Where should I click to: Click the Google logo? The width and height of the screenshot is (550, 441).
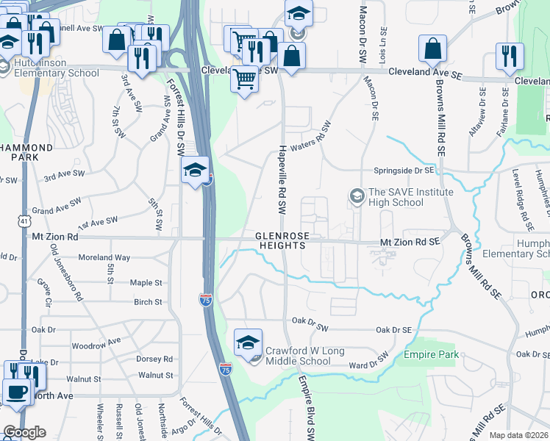tap(24, 432)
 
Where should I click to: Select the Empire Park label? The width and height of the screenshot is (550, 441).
tap(431, 356)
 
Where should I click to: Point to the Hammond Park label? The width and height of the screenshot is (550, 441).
tap(26, 153)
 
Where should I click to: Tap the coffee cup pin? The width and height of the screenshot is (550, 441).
tap(17, 393)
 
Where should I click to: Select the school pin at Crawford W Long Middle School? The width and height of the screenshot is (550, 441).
tap(249, 343)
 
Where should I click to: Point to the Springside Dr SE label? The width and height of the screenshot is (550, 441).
tap(405, 169)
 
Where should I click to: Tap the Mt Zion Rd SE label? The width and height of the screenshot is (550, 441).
tap(410, 241)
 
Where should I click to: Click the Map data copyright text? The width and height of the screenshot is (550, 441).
tap(519, 435)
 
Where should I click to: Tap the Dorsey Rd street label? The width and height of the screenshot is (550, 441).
tap(154, 359)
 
